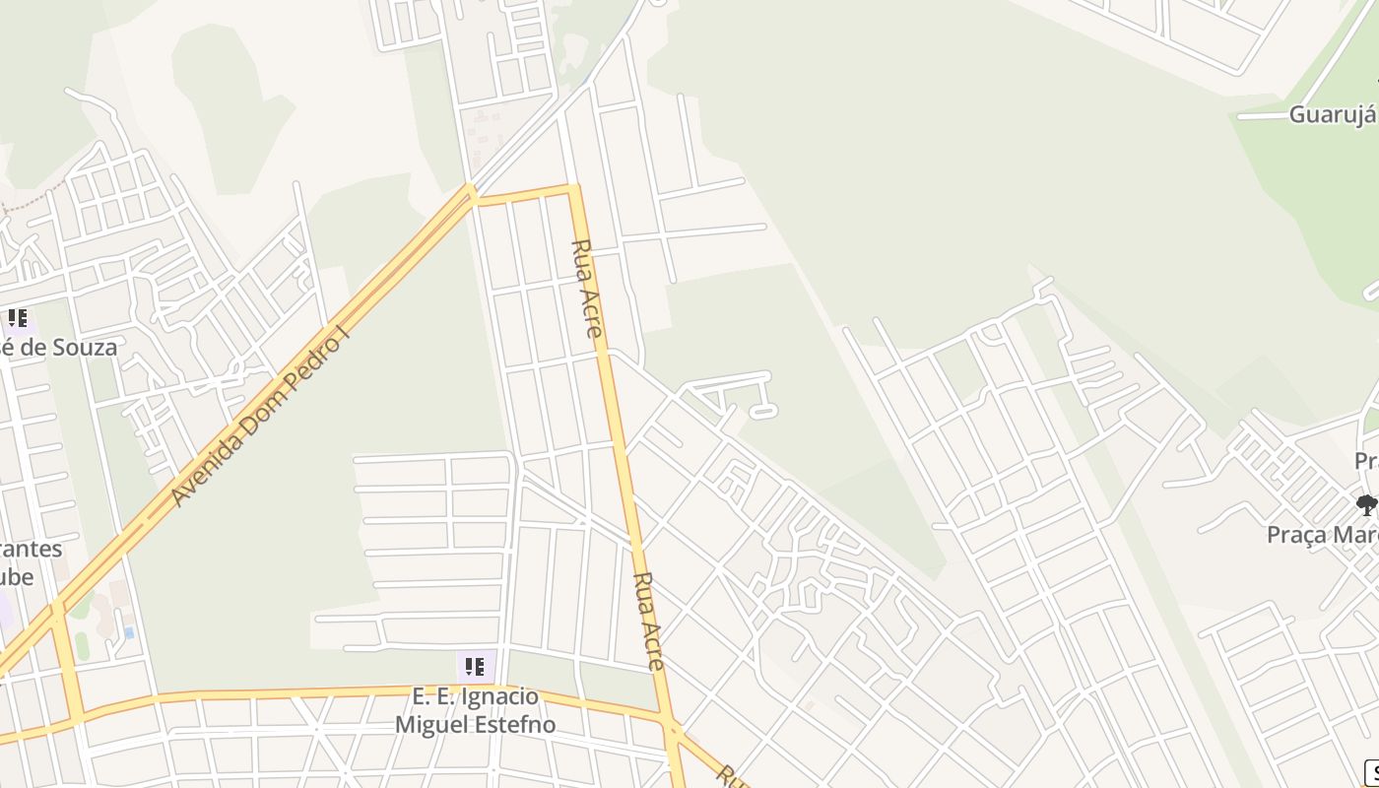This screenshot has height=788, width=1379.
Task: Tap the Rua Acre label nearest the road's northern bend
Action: [x=587, y=288]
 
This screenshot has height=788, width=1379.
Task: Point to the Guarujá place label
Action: [x=1332, y=114]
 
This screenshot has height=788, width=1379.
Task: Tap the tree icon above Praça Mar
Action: [x=1366, y=505]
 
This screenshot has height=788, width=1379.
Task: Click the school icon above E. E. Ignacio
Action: [x=475, y=667]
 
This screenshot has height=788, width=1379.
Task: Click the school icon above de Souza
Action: [x=17, y=318]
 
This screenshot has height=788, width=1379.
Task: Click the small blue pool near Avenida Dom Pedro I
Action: [x=128, y=631]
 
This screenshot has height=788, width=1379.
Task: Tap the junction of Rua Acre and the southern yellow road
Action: [x=673, y=727]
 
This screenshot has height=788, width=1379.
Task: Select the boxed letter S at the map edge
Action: [x=1371, y=773]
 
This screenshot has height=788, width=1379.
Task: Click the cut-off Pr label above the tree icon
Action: [x=1365, y=461]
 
